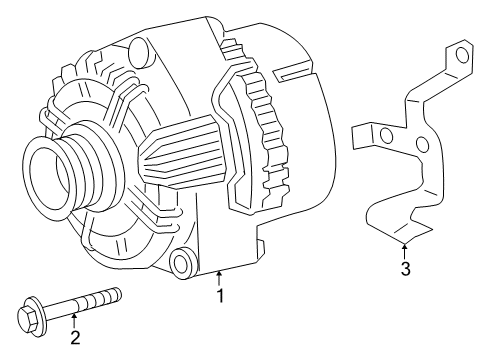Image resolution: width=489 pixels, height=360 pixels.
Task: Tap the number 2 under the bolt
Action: tap(74, 337)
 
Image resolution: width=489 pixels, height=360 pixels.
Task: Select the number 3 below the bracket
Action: tap(404, 269)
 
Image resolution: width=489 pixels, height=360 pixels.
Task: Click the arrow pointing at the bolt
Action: tap(74, 319)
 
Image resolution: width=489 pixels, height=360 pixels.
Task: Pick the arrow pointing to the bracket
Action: tap(404, 249)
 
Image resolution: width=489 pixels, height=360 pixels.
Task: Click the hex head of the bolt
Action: tap(27, 320)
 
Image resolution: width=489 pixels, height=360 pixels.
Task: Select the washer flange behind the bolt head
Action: tap(42, 315)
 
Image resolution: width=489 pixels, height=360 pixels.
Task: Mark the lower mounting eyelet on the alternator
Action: tap(183, 264)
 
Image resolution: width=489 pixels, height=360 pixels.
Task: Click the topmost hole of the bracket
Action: tap(461, 56)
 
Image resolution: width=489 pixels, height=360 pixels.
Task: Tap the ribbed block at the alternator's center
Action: tap(180, 150)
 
